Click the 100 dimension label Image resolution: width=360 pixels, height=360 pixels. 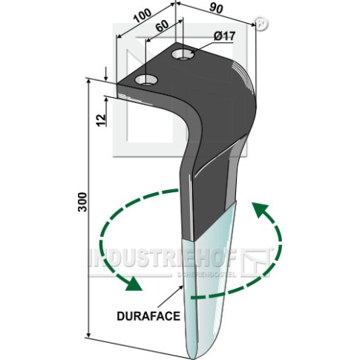(143, 16)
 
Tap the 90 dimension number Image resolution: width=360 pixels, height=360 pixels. (216, 8)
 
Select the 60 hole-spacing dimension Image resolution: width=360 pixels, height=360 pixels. (162, 25)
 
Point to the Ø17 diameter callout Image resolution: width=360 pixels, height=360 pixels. (224, 36)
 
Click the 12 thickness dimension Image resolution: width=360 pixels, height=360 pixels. (101, 120)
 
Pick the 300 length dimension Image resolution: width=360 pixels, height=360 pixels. (83, 202)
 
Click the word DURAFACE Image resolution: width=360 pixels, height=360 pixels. (148, 316)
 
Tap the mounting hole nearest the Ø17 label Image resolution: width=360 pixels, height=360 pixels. (183, 55)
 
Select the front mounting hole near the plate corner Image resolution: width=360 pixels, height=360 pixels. (146, 80)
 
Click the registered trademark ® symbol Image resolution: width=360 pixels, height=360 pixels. (261, 24)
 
